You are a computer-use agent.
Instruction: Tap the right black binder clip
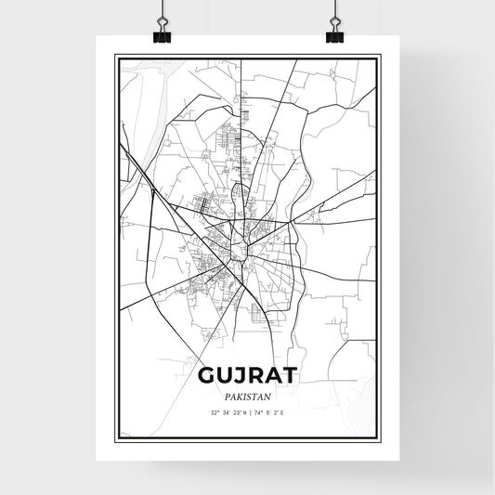333,35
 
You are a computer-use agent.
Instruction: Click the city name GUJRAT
247,375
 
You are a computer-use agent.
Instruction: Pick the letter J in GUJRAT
241,375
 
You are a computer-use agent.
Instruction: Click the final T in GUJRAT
290,375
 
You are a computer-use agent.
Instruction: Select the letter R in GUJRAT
256,375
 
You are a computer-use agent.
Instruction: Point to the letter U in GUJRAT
224,375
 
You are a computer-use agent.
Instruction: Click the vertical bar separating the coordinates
249,411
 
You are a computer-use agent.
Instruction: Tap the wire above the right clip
333,9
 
